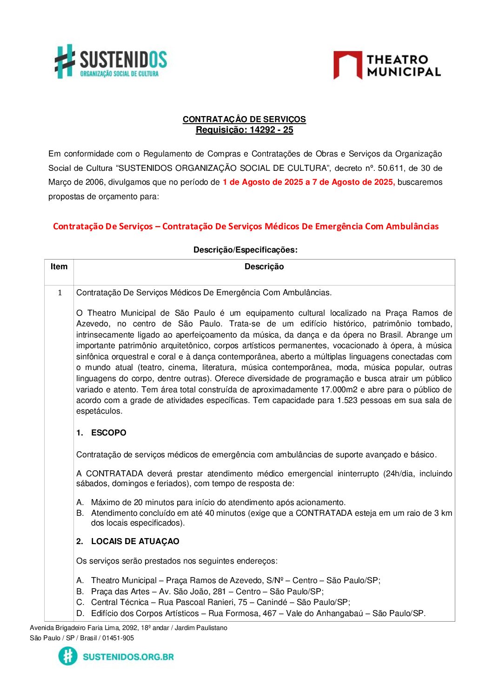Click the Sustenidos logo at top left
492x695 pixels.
pyautogui.click(x=111, y=62)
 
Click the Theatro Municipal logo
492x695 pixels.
pyautogui.click(x=387, y=65)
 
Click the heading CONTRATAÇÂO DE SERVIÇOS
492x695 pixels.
pyautogui.click(x=244, y=119)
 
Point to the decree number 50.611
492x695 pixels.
pyautogui.click(x=392, y=168)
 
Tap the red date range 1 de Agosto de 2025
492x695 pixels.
pyautogui.click(x=263, y=182)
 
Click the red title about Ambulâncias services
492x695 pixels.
pyautogui.click(x=246, y=227)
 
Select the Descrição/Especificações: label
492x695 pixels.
pyautogui.click(x=245, y=250)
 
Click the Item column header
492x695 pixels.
pyautogui.click(x=59, y=266)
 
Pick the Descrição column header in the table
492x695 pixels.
pyautogui.click(x=264, y=266)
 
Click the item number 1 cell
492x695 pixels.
pyautogui.click(x=60, y=292)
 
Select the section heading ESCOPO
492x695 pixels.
pyautogui.click(x=108, y=433)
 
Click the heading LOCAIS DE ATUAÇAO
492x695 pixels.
pyautogui.click(x=135, y=541)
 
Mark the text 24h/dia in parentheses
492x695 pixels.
pyautogui.click(x=400, y=474)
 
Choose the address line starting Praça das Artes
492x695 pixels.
pyautogui.click(x=207, y=591)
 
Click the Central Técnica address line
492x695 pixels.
pyautogui.click(x=220, y=602)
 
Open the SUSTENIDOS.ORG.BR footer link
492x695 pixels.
pyautogui.click(x=128, y=657)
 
